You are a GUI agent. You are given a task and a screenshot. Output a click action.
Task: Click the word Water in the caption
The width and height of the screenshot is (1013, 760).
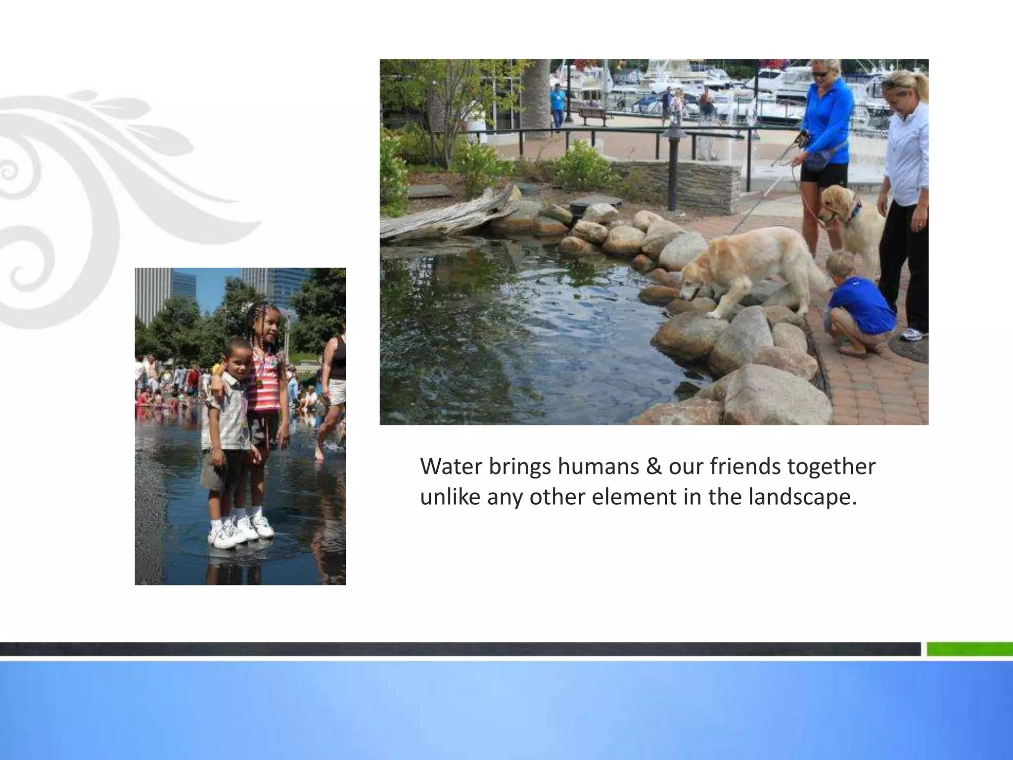click(450, 466)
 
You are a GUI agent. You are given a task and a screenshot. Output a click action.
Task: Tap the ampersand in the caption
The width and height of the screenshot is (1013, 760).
click(653, 466)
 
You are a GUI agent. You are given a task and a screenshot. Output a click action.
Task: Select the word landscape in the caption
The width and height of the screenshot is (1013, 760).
click(802, 496)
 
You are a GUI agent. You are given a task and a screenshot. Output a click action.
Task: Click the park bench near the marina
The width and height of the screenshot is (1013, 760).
click(593, 115)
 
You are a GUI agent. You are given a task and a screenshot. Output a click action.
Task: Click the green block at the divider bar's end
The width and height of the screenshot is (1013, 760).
click(969, 649)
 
